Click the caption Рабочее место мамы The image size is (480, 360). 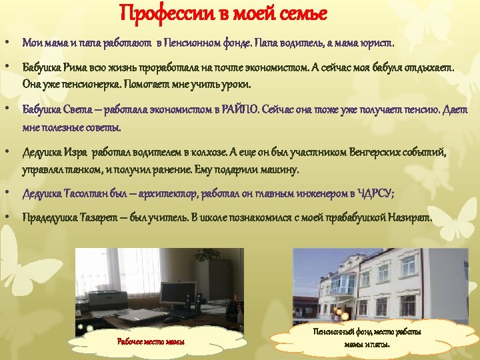click(150, 342)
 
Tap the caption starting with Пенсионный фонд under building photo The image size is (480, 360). click(367, 337)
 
